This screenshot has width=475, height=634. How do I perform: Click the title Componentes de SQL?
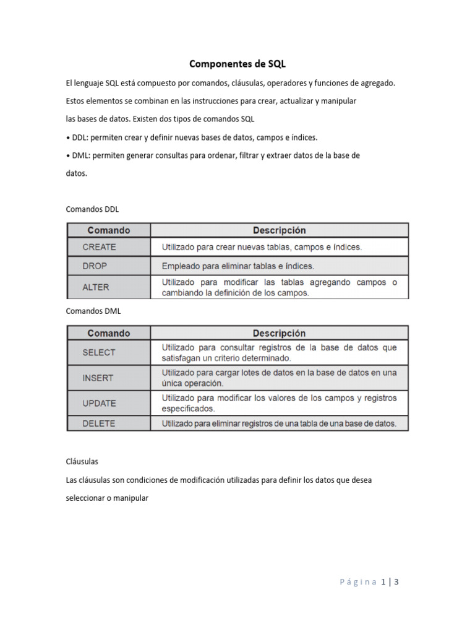tap(237, 63)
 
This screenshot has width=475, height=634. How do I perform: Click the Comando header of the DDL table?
tap(109, 230)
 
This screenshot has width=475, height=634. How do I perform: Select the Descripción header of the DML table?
tap(279, 333)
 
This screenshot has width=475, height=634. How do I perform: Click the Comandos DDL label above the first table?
tap(92, 209)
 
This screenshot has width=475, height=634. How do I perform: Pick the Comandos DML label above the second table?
tap(92, 311)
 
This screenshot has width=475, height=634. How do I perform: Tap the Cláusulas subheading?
tap(82, 462)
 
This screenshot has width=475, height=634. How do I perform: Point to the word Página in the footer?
tap(358, 582)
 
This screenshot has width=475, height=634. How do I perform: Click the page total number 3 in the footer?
tap(396, 582)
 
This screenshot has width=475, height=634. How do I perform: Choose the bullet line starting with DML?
tap(213, 155)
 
